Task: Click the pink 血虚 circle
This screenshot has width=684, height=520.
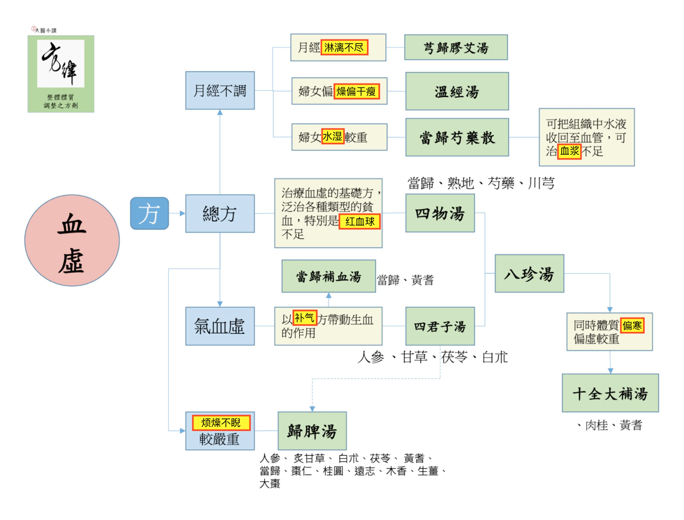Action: coord(72,240)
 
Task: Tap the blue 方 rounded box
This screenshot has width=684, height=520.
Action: coord(149,213)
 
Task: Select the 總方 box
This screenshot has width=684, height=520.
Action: coord(220,214)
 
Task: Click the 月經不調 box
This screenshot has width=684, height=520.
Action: coord(220,90)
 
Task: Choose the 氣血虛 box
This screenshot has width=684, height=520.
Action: coord(220,326)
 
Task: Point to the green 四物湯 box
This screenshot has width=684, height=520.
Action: coord(440,213)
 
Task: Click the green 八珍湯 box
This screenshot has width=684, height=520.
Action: coord(529,273)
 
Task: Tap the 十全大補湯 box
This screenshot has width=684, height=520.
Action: coord(610,393)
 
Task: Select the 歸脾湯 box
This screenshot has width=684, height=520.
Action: coord(312,431)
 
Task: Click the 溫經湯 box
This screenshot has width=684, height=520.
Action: coord(457,91)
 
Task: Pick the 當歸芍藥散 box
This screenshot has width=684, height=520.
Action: coord(457,137)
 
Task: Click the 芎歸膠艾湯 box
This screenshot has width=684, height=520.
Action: coord(456,47)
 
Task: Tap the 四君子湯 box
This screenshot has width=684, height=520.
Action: coord(440,326)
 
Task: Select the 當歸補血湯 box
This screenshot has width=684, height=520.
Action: coord(328,276)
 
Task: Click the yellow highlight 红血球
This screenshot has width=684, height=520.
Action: coord(360,221)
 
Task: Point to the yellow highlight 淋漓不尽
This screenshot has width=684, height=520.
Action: coord(344,47)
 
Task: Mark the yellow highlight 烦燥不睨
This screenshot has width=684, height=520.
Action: coord(221,423)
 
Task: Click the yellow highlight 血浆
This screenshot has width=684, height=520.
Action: coord(569,151)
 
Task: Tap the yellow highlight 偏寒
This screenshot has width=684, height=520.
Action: coord(632,325)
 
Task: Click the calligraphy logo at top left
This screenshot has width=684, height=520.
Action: coord(61,74)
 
